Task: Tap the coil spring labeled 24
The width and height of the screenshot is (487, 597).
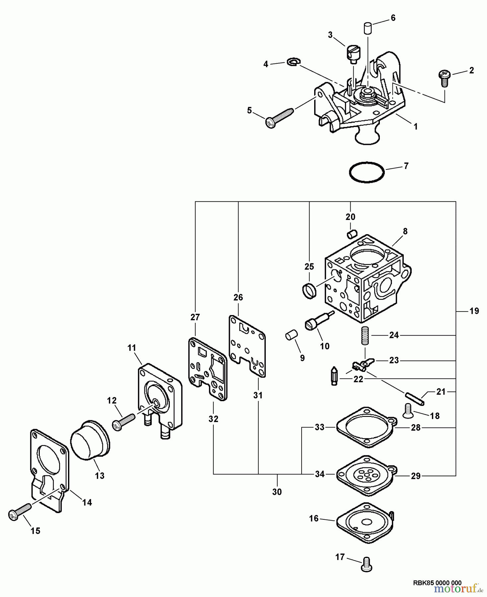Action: [x=365, y=335]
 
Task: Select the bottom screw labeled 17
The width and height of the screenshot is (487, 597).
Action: [x=366, y=567]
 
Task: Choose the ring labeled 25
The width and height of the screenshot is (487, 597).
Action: [x=309, y=291]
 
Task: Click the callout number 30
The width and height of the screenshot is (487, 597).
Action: [x=277, y=492]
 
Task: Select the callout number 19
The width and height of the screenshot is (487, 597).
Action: [x=474, y=311]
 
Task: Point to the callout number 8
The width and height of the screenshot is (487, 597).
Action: [x=405, y=232]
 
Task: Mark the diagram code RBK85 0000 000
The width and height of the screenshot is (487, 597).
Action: [x=437, y=583]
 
